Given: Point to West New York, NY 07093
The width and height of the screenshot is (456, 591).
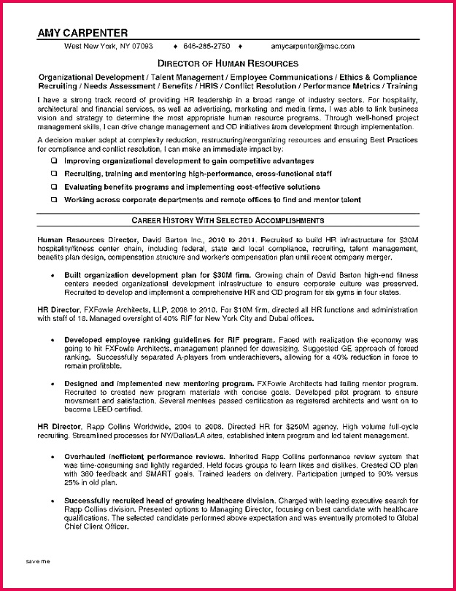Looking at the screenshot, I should tap(109, 45).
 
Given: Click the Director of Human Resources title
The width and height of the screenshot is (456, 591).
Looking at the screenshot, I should tap(228, 64).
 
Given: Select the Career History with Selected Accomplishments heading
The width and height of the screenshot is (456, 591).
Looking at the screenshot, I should tap(228, 220).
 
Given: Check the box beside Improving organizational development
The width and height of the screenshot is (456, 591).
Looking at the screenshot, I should tap(53, 161).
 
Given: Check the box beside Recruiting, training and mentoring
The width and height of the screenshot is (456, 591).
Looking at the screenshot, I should tap(53, 174).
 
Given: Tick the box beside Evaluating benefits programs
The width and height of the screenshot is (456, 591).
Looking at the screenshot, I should tap(53, 187).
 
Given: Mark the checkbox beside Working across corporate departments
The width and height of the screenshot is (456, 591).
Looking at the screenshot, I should tap(53, 200).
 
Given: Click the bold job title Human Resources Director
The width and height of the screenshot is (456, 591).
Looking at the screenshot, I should tap(76, 239).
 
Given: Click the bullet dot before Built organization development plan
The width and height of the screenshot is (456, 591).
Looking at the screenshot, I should tap(54, 274).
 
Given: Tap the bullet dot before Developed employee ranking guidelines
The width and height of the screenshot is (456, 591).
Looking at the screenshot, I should tap(54, 340).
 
